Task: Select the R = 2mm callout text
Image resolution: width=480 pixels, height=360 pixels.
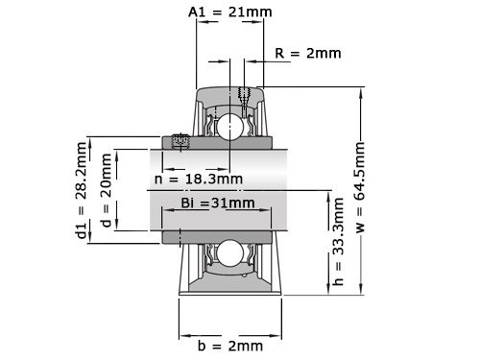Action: [x=307, y=53]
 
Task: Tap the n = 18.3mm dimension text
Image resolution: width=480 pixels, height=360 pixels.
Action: [x=199, y=179]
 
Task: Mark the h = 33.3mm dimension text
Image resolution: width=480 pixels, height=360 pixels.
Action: [x=337, y=250]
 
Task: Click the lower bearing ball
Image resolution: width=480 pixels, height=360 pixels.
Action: [x=230, y=252]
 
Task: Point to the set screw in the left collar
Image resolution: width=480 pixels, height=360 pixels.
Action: [x=179, y=142]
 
